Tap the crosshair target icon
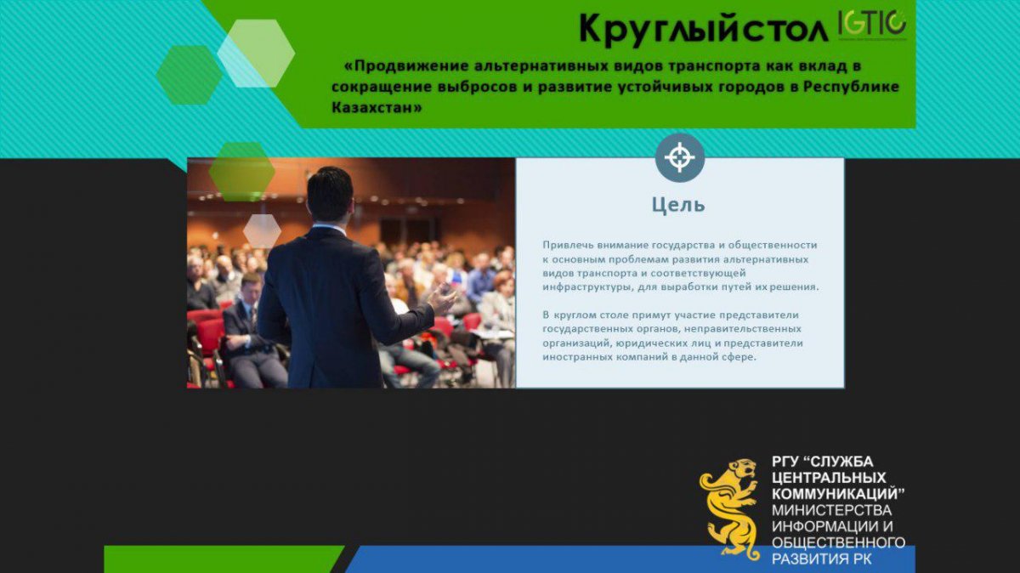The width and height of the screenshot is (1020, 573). (x=679, y=157)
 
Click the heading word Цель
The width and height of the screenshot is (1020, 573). (x=678, y=205)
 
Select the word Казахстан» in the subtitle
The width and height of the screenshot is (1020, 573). (x=377, y=107)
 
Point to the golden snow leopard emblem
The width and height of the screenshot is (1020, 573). (x=729, y=508)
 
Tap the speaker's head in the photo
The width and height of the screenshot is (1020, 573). (x=330, y=194)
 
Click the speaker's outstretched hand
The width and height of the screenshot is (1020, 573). (x=441, y=298)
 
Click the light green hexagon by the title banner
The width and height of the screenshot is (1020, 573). (x=256, y=54)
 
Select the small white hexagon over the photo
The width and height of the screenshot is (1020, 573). (x=262, y=231)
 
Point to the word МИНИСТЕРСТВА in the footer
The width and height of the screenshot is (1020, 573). (x=831, y=510)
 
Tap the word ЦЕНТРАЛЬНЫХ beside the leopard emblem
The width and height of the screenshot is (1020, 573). (x=829, y=477)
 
